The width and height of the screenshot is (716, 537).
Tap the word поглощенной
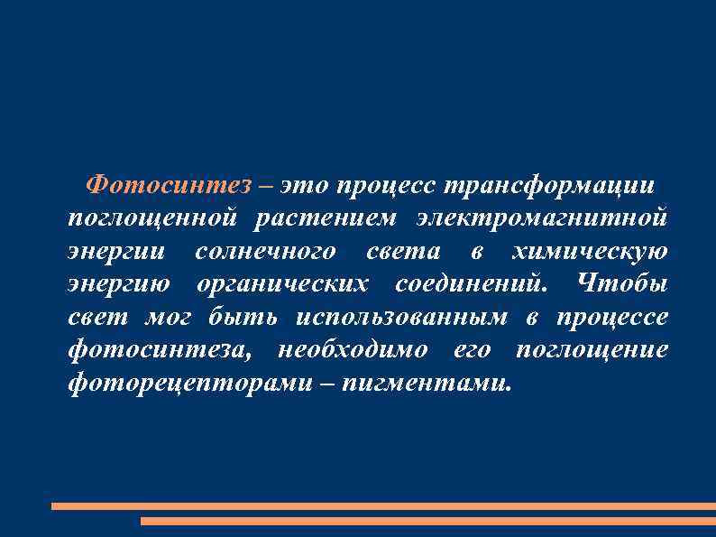[x=152, y=218]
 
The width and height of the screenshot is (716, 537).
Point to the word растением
[x=325, y=218]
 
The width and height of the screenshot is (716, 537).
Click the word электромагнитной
[x=542, y=218]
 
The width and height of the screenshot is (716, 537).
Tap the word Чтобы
[x=621, y=284]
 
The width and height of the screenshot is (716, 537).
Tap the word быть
[x=238, y=317]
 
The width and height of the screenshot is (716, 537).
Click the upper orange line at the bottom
[x=383, y=506]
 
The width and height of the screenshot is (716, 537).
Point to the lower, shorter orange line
[x=428, y=521]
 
